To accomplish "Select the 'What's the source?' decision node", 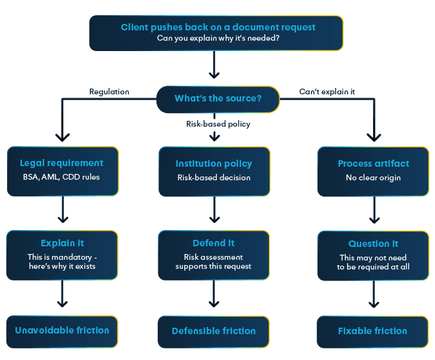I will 218,99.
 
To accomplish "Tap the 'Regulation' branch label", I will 109,92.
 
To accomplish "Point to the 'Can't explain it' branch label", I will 326,92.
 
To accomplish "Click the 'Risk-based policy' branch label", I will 218,124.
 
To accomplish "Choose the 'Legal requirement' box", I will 62,171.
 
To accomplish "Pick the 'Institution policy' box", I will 214,171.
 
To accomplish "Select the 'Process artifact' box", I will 373,171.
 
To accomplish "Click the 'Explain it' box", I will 62,255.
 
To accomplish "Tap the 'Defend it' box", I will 214,255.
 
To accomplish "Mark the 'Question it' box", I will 373,255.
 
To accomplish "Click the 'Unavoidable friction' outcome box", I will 62,330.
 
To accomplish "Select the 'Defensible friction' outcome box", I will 214,331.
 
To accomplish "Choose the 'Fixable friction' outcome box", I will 373,331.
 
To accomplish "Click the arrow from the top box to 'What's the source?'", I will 215,65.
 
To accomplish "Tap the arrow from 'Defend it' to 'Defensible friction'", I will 214,295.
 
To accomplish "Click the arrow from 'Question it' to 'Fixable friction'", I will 373,295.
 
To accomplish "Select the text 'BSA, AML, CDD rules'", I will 62,177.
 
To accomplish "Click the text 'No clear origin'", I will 373,177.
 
